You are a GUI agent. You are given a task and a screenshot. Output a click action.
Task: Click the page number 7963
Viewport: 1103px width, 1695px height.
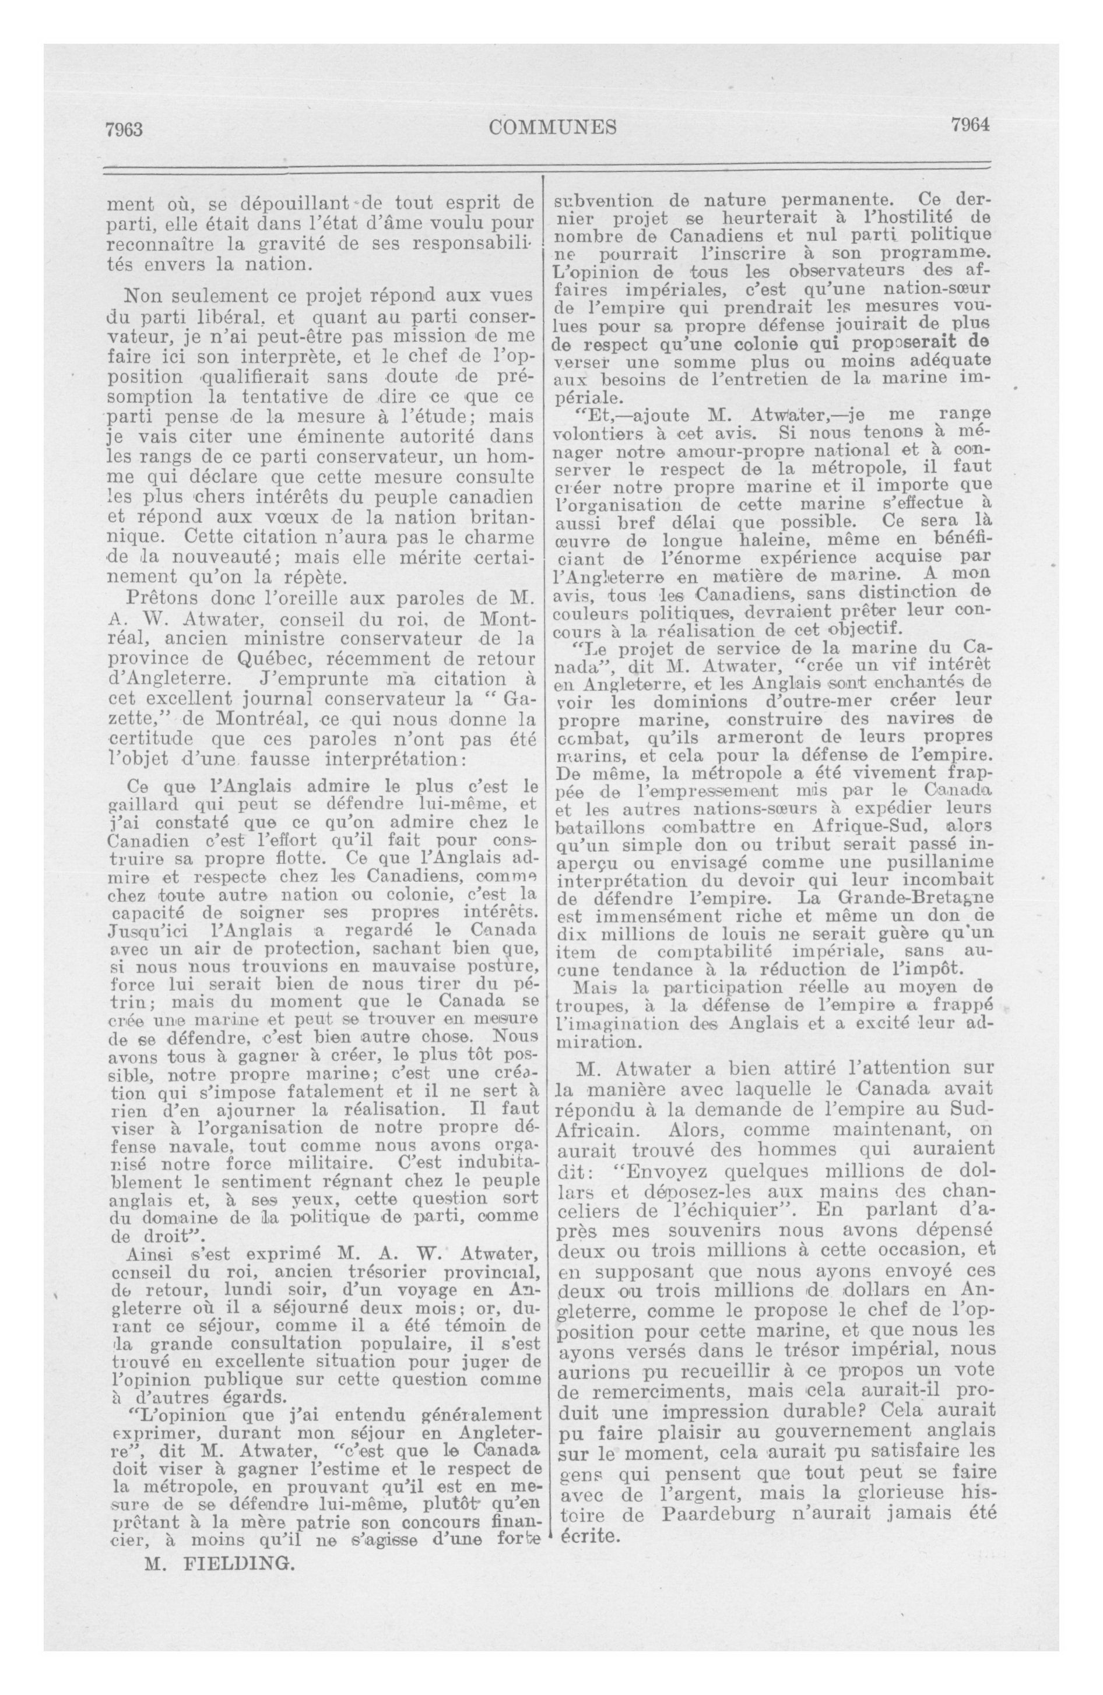click(x=124, y=129)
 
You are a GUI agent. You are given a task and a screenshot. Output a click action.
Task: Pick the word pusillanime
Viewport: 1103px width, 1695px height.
click(x=930, y=861)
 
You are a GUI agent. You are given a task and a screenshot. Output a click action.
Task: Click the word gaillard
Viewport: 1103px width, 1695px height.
click(x=140, y=805)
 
